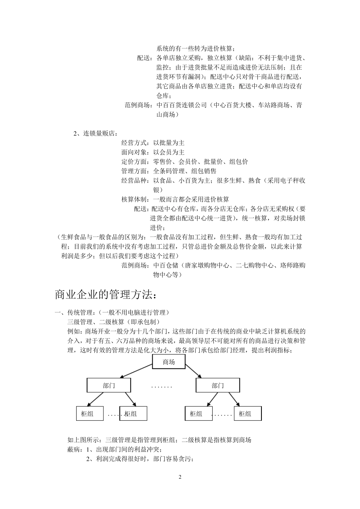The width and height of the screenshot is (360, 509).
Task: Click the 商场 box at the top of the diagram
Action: [169, 362]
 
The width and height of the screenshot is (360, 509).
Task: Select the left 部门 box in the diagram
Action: [109, 386]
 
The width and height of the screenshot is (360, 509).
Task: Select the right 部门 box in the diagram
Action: [218, 386]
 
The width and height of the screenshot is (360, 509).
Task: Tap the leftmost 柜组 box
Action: [90, 414]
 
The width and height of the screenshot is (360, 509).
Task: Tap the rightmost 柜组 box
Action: [247, 414]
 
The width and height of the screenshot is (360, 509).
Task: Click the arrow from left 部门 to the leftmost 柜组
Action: [95, 400]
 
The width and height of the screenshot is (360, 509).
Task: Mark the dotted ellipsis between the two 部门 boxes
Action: [161, 387]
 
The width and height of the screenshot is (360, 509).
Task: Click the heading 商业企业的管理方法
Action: [105, 294]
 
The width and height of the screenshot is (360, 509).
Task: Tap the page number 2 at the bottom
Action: [180, 477]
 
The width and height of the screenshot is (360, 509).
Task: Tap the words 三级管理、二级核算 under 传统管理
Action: [96, 322]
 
